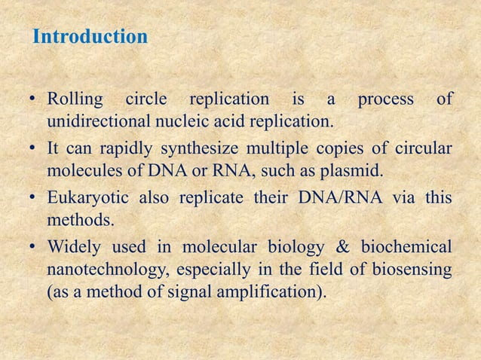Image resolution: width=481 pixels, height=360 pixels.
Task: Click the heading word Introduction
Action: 90,36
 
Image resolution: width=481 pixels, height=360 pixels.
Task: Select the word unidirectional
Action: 97,121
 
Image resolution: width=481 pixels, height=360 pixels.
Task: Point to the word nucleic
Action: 181,121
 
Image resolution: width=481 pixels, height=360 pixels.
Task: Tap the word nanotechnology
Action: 103,270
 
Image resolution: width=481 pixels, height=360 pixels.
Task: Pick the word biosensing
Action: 411,270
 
